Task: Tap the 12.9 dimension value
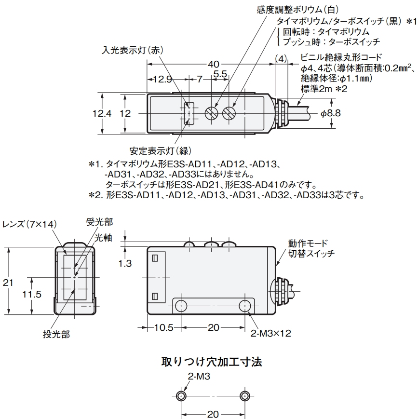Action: (x=159, y=80)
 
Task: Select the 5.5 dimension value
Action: (x=220, y=74)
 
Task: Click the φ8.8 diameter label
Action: (x=331, y=113)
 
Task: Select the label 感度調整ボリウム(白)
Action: (x=298, y=9)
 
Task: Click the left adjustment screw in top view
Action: (x=211, y=114)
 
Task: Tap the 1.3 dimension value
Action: (x=125, y=263)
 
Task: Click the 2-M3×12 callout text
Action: (x=271, y=333)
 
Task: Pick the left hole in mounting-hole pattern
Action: (x=181, y=396)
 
